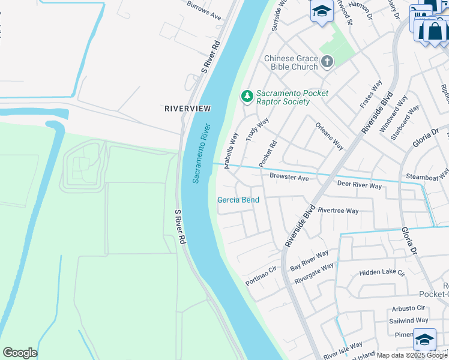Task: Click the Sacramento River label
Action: coord(202,153)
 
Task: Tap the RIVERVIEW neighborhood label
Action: coord(188,108)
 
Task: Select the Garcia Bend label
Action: coord(238,200)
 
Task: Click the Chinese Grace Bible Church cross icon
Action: coord(327,61)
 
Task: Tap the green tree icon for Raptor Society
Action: coord(246,96)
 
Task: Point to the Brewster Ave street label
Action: coord(289,178)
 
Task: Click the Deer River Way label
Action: coord(359,185)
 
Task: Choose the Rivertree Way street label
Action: coord(338,211)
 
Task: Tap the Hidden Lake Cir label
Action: coord(382,272)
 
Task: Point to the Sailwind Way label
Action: coord(408,320)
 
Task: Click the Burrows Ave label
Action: coord(204,11)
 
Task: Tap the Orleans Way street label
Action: coord(329,137)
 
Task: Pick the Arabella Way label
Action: coord(232,151)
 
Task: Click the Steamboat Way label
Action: coord(427,175)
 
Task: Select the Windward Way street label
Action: coord(397,112)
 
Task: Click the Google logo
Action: coord(20,353)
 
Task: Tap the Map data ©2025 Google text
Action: coord(412,355)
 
